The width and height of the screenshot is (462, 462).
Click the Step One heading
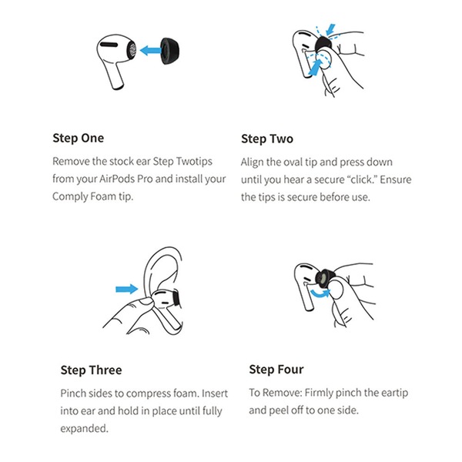point(78,138)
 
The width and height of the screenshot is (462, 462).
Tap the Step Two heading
point(267,139)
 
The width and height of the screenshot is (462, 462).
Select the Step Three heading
point(91,370)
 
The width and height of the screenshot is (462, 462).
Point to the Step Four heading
point(276,370)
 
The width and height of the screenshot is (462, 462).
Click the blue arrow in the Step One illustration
point(150,50)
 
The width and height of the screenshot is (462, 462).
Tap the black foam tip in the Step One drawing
point(170,50)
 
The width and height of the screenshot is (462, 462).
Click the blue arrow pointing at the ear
point(127,289)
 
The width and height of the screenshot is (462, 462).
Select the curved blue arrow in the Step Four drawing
point(320,293)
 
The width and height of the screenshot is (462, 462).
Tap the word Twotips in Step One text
point(194,162)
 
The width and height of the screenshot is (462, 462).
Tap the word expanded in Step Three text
point(84,429)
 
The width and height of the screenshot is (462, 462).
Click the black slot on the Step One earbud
point(109,45)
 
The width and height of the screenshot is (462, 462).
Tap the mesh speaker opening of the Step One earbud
point(132,50)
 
